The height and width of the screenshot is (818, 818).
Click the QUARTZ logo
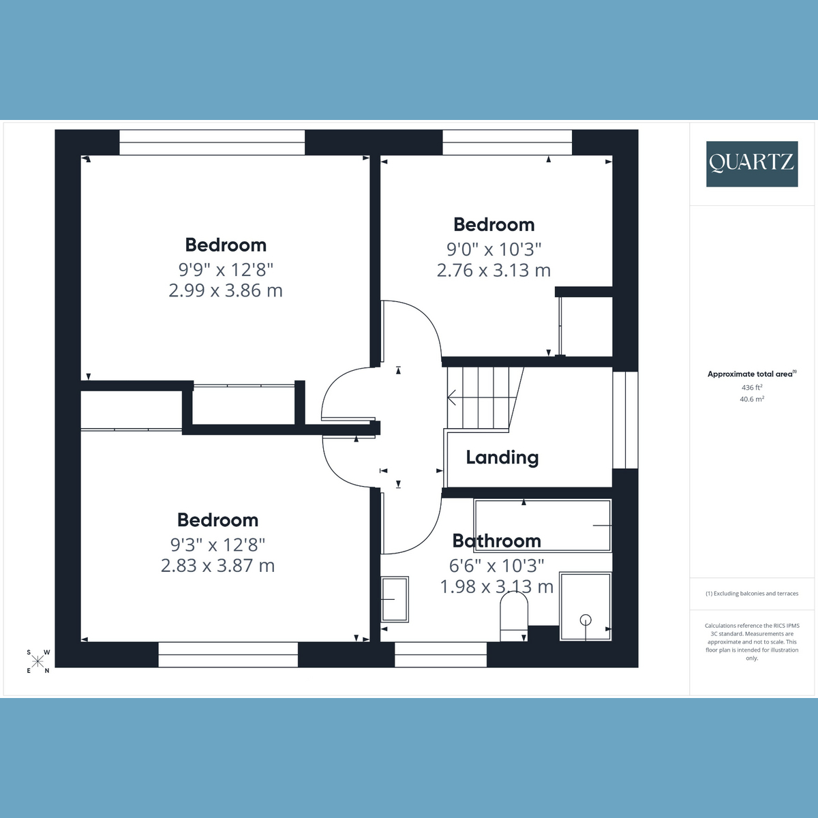pyautogui.click(x=751, y=164)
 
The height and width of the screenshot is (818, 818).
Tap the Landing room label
pyautogui.click(x=502, y=457)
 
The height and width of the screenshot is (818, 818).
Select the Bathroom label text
pyautogui.click(x=496, y=541)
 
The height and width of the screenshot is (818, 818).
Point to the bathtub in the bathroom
pyautogui.click(x=543, y=526)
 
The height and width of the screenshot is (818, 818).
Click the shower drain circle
pyautogui.click(x=586, y=620)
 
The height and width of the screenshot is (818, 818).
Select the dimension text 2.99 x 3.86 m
pyautogui.click(x=225, y=290)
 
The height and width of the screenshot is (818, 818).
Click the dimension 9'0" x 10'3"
pyautogui.click(x=494, y=249)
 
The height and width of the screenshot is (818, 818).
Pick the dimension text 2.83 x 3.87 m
pyautogui.click(x=217, y=566)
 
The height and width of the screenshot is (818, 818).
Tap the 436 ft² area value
pyautogui.click(x=751, y=387)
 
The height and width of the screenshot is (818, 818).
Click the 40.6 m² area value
pyautogui.click(x=751, y=399)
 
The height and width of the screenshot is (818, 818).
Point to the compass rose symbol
pyautogui.click(x=37, y=661)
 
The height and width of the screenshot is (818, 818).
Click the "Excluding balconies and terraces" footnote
pyautogui.click(x=752, y=594)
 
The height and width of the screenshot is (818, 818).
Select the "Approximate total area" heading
pyautogui.click(x=751, y=374)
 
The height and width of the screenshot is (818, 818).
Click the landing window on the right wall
pyautogui.click(x=625, y=420)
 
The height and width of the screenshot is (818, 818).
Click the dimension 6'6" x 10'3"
pyautogui.click(x=496, y=565)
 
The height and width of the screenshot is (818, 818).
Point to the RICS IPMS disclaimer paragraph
pyautogui.click(x=752, y=641)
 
